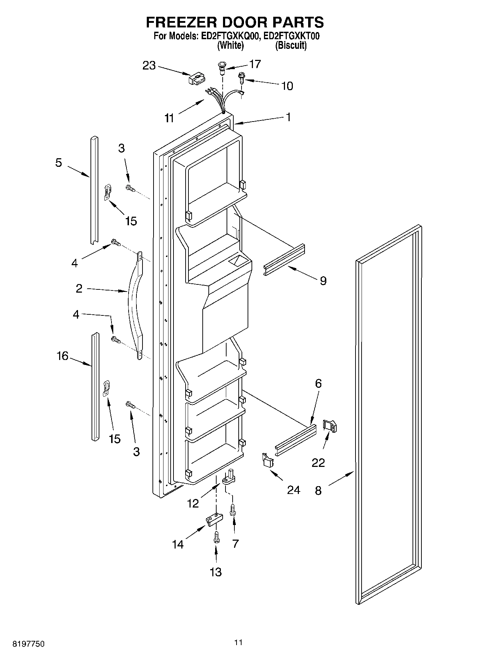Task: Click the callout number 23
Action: pos(149,66)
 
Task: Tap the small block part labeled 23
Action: pos(197,78)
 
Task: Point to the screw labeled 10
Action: pos(242,77)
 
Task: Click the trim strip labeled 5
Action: pos(94,189)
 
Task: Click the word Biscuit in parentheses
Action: pos(291,46)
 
